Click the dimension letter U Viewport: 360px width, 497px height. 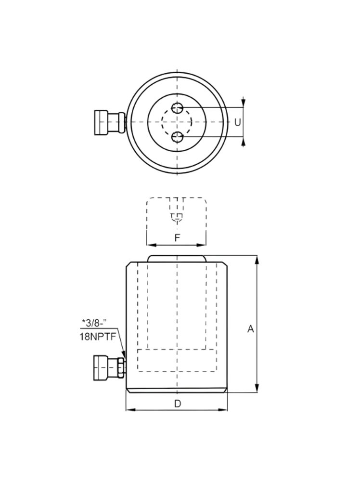tap(237, 122)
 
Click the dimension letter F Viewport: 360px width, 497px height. tap(177, 237)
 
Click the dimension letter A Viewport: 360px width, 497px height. tap(250, 329)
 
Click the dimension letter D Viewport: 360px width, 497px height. tap(177, 404)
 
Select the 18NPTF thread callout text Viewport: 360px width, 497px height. tap(98, 337)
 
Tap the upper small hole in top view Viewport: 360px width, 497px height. tap(178, 107)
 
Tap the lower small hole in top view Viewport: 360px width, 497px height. tap(178, 137)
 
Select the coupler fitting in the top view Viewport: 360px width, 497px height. tap(108, 122)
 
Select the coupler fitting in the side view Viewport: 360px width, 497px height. tap(107, 367)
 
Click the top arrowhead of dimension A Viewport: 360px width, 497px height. tap(257, 260)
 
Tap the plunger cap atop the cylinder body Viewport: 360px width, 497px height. tap(177, 259)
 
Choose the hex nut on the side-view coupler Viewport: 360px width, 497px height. tap(121, 367)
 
